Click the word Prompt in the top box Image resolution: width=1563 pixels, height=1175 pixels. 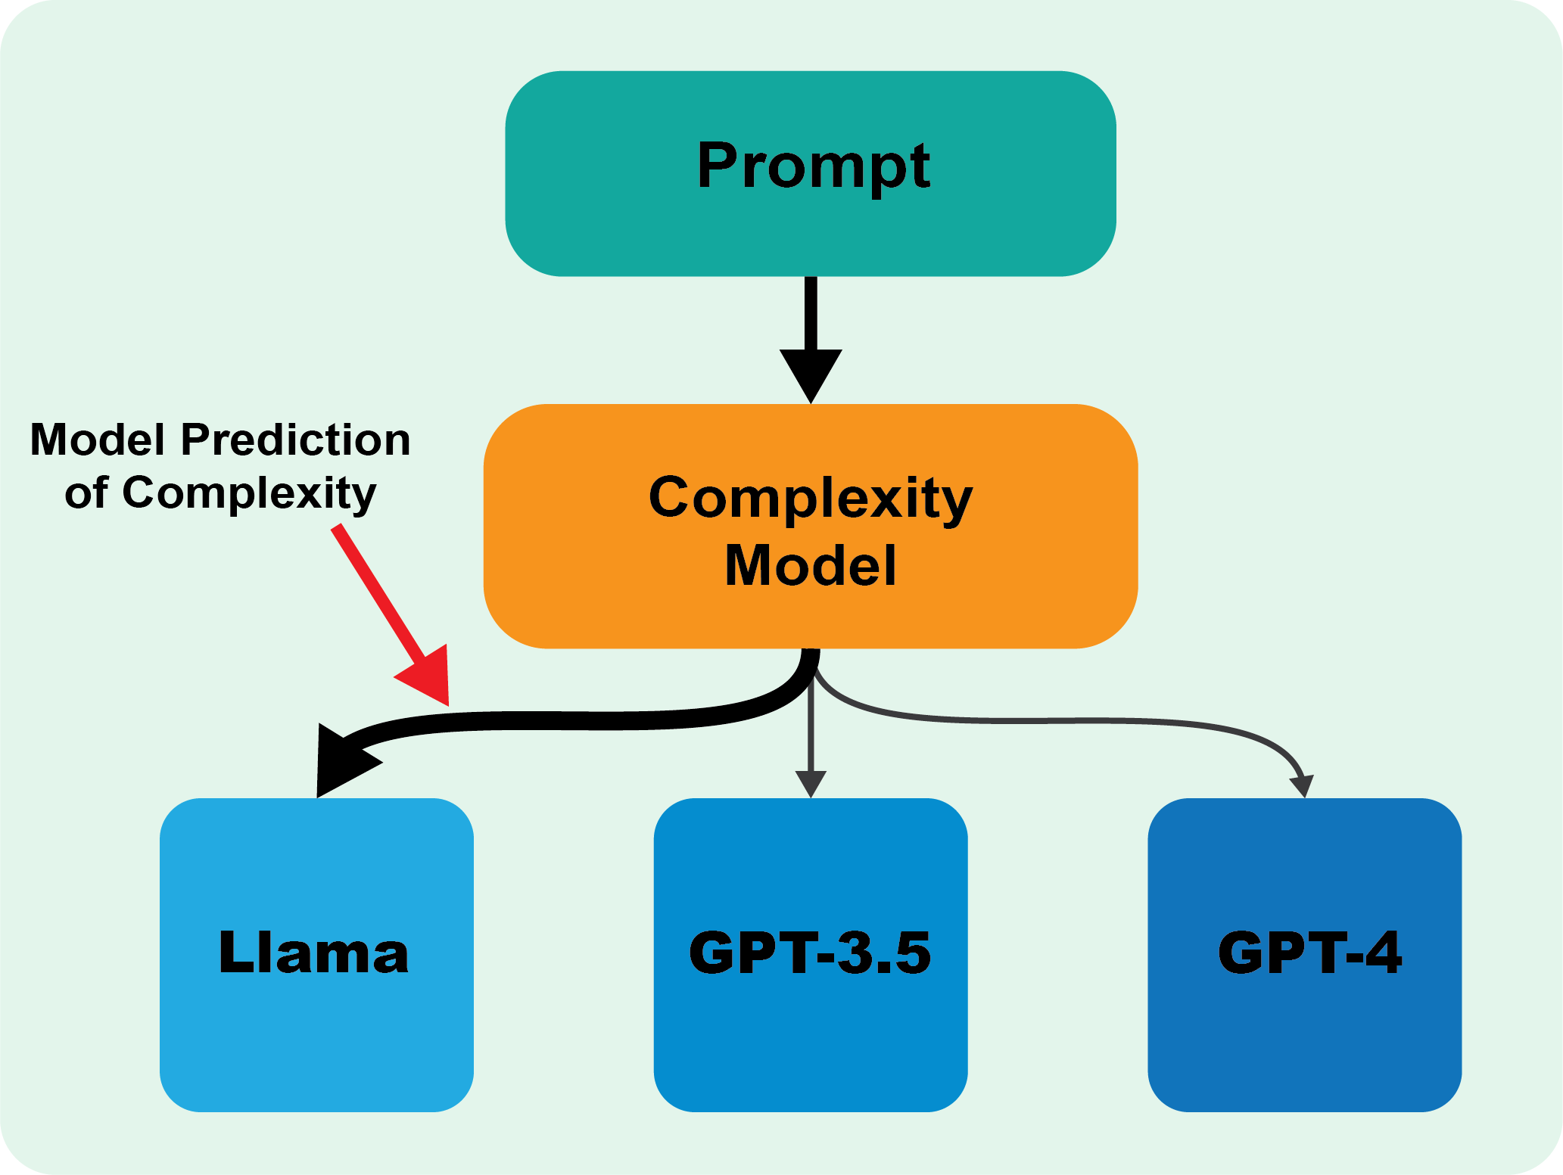pyautogui.click(x=813, y=166)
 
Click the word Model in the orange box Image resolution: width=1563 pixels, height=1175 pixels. pyautogui.click(x=810, y=565)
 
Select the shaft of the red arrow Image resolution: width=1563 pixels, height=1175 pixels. pyautogui.click(x=375, y=590)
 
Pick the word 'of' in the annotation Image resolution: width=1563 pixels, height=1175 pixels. pyautogui.click(x=86, y=493)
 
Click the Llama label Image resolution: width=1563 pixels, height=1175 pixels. pyautogui.click(x=313, y=953)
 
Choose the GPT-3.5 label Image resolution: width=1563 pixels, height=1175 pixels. pyautogui.click(x=810, y=953)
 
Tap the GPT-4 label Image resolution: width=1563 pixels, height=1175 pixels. pyautogui.click(x=1309, y=953)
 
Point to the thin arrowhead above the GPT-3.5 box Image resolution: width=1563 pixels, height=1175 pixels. pyautogui.click(x=811, y=783)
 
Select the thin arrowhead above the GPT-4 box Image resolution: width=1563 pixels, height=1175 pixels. pyautogui.click(x=1303, y=785)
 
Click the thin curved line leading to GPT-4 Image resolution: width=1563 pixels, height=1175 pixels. pyautogui.click(x=1060, y=721)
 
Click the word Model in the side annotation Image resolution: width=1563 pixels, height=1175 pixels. pyautogui.click(x=97, y=440)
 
